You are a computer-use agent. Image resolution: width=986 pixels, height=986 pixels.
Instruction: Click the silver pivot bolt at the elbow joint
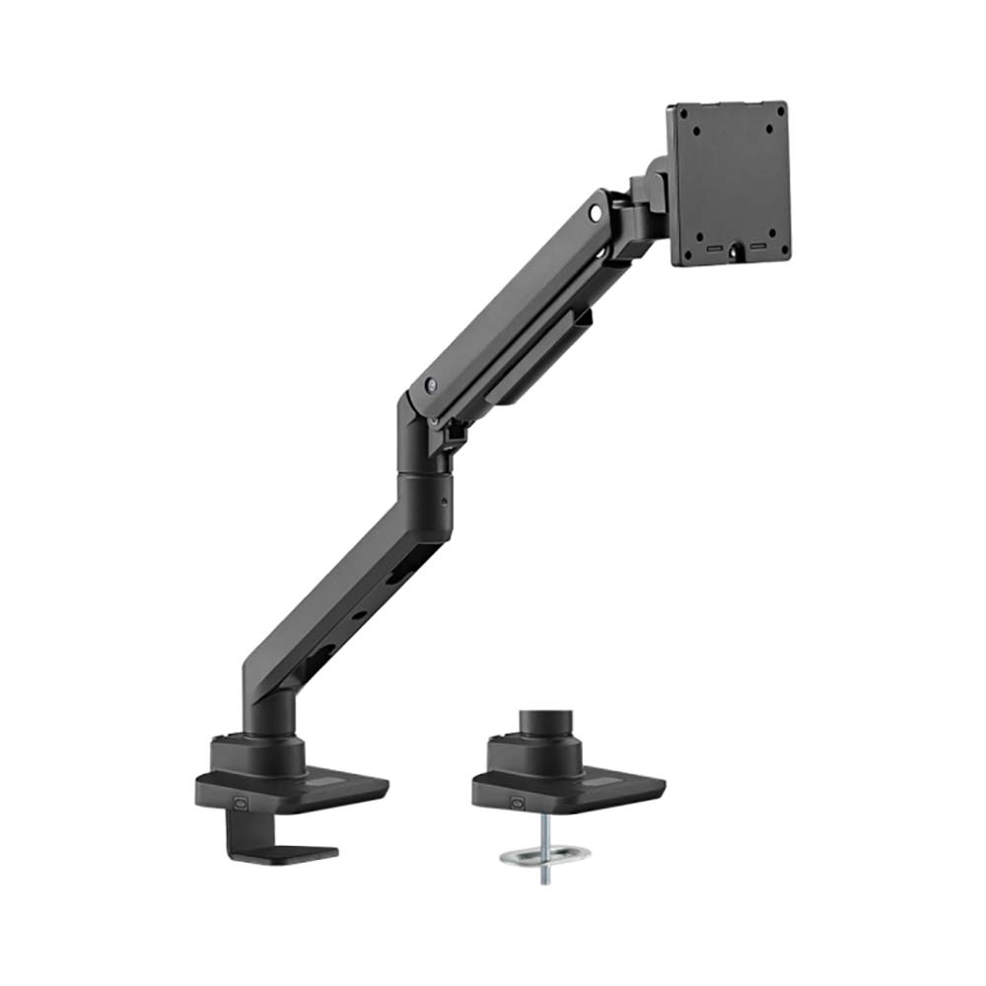coord(428,387)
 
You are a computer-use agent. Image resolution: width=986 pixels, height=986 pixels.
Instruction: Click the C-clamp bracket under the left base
coord(266,838)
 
